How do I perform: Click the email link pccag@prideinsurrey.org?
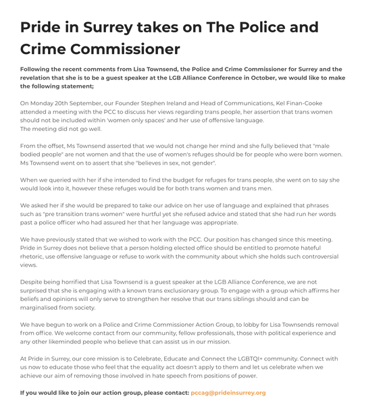tap(228, 392)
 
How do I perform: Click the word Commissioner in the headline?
tap(100, 49)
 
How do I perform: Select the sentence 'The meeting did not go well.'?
tap(61, 129)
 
